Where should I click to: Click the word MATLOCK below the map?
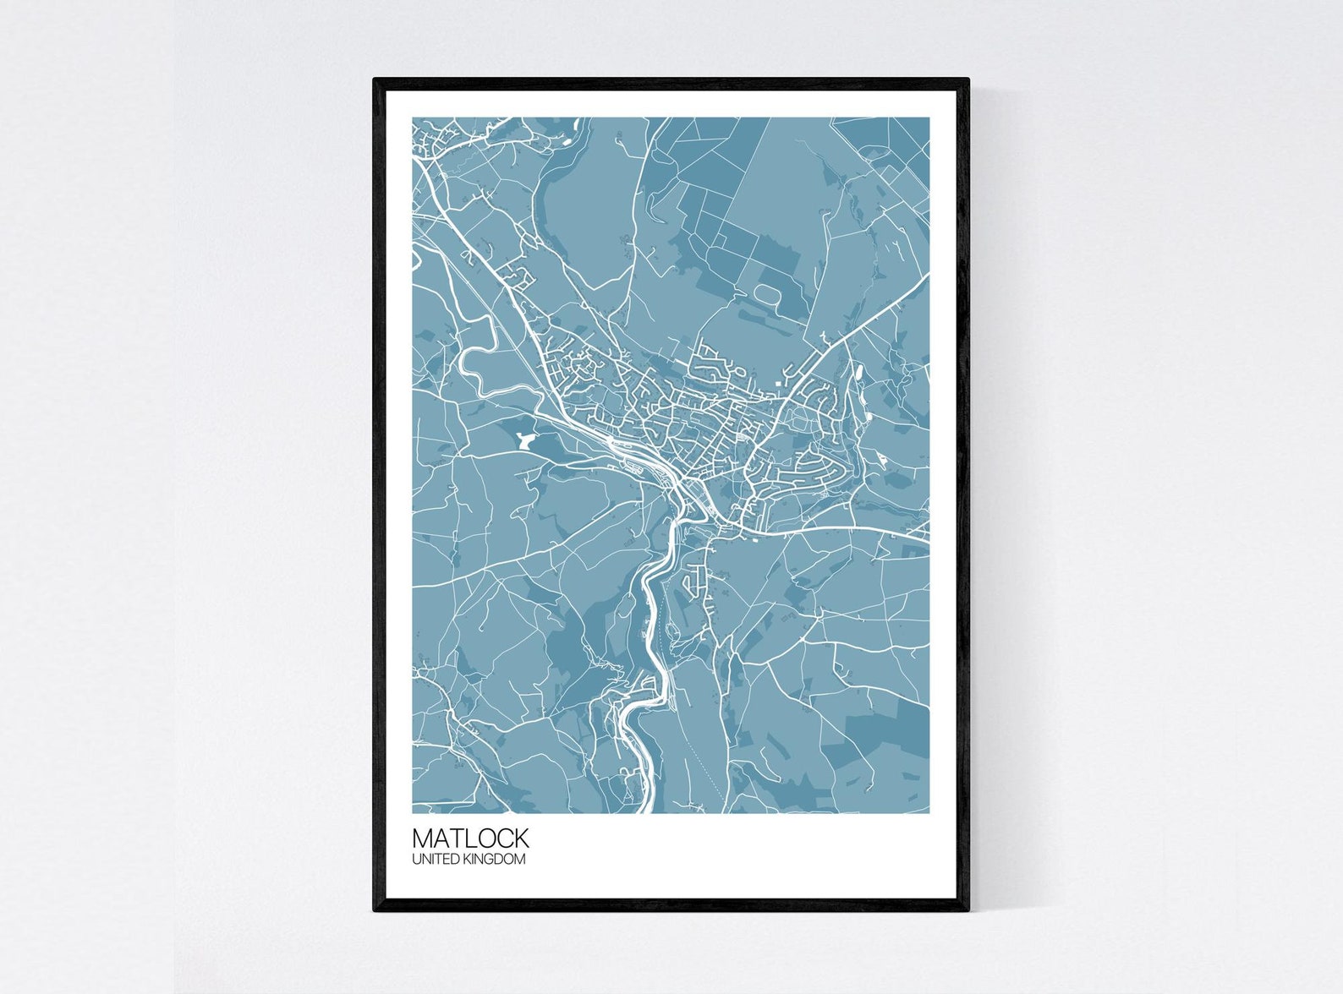point(470,838)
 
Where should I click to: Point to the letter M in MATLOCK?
point(422,838)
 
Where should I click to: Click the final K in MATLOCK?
point(521,838)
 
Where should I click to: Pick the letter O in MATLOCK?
point(485,838)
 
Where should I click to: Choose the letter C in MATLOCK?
point(504,838)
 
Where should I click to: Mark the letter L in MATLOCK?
point(469,838)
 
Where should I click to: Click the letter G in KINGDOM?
point(493,860)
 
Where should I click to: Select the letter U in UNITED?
point(417,860)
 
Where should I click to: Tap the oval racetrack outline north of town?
point(767,295)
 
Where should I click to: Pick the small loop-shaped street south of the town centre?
point(693,579)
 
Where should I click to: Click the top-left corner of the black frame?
point(375,80)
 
